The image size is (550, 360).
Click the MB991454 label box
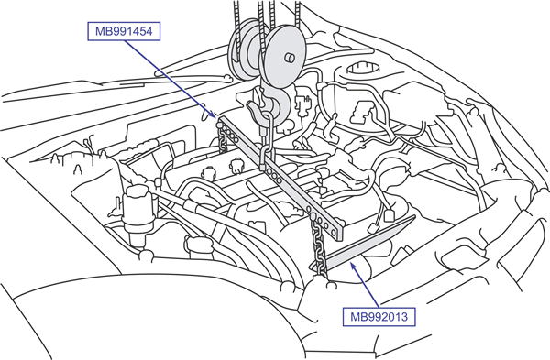click(124, 31)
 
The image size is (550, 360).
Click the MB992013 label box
click(379, 317)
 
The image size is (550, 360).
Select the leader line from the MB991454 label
click(170, 79)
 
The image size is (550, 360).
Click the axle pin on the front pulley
click(290, 57)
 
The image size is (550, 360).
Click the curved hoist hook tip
click(253, 110)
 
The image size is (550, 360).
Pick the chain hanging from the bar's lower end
click(318, 246)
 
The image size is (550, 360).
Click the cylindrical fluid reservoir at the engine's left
click(138, 212)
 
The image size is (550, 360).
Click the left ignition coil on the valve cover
click(209, 172)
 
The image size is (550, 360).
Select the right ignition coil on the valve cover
click(236, 166)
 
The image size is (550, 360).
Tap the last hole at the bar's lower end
click(334, 232)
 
